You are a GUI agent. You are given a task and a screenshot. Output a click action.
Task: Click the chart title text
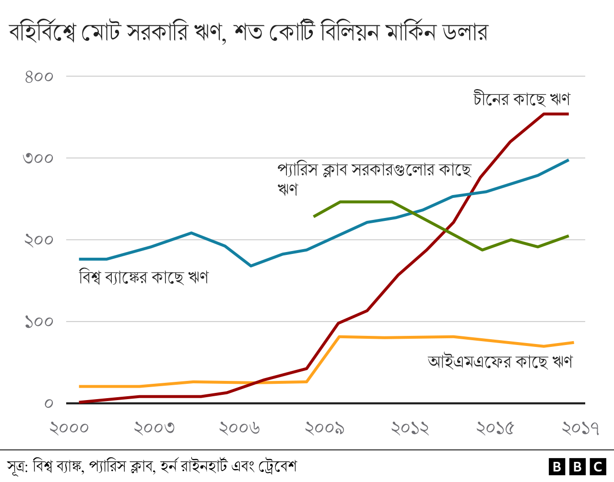coord(248,33)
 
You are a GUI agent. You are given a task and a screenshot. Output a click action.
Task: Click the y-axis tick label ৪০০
coord(39,77)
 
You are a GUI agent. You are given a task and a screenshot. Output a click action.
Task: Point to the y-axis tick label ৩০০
coord(39,158)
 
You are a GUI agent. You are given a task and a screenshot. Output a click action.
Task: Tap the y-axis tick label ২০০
coord(39,240)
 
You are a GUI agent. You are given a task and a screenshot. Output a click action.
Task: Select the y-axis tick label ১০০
coord(39,321)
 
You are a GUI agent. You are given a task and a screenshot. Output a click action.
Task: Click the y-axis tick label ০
coord(48,403)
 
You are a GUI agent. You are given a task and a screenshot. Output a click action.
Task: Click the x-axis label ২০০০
coord(70,428)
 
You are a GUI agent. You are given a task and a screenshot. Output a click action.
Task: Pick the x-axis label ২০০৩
coord(154,428)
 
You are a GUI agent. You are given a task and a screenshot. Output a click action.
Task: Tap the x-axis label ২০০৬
coord(240,428)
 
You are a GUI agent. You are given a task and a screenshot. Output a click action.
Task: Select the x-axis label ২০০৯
coord(325,428)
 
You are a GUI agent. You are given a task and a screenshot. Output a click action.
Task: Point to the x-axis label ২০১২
coord(411,428)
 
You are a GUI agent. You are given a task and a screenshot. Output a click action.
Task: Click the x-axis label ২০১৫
coord(496,428)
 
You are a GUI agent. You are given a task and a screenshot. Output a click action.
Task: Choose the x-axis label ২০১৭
coord(580,428)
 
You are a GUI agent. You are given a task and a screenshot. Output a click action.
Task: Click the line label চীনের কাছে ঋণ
coord(521,99)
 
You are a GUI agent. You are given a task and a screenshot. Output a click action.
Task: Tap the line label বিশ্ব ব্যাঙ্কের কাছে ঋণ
coord(144,277)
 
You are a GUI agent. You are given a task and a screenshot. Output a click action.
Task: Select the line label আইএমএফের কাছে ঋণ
coord(500,361)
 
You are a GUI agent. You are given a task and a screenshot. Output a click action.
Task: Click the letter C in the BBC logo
coord(598,467)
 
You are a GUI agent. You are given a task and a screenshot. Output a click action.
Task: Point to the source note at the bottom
coord(152,466)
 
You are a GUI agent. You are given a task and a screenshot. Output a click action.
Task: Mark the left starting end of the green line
coord(314,217)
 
